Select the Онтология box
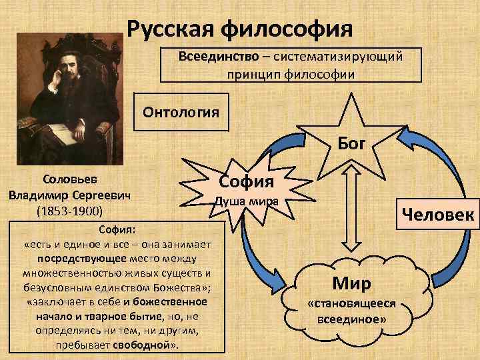click(x=180, y=111)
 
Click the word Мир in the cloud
click(x=351, y=284)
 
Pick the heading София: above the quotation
click(x=117, y=230)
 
